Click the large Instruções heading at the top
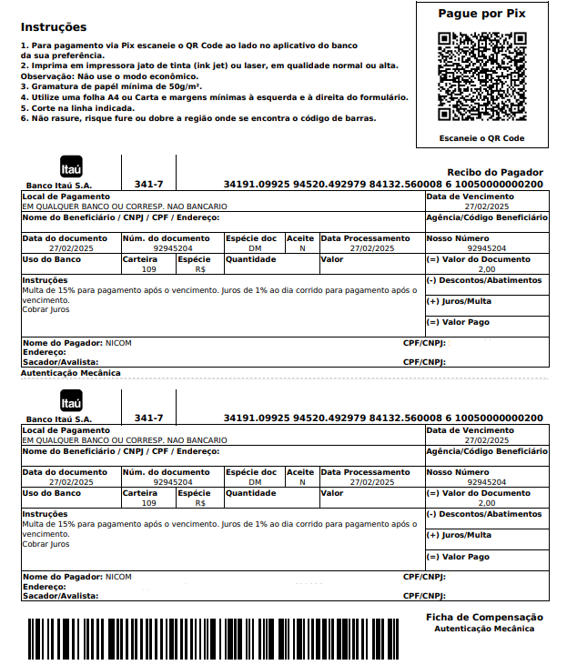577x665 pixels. pyautogui.click(x=54, y=27)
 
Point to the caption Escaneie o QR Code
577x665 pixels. pyautogui.click(x=482, y=138)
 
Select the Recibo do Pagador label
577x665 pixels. pyautogui.click(x=495, y=172)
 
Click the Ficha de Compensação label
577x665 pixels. pyautogui.click(x=484, y=617)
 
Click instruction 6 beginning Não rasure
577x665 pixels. pyautogui.click(x=198, y=118)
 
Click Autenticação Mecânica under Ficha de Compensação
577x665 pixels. pyautogui.click(x=484, y=629)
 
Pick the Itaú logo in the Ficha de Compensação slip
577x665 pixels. pyautogui.click(x=71, y=402)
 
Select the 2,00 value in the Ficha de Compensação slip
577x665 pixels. pyautogui.click(x=487, y=503)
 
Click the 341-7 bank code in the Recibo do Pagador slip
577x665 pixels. pyautogui.click(x=148, y=184)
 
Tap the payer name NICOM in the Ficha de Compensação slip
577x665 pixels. pyautogui.click(x=118, y=577)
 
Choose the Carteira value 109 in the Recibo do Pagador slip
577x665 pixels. pyautogui.click(x=149, y=269)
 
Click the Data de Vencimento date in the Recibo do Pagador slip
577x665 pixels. pyautogui.click(x=487, y=207)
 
